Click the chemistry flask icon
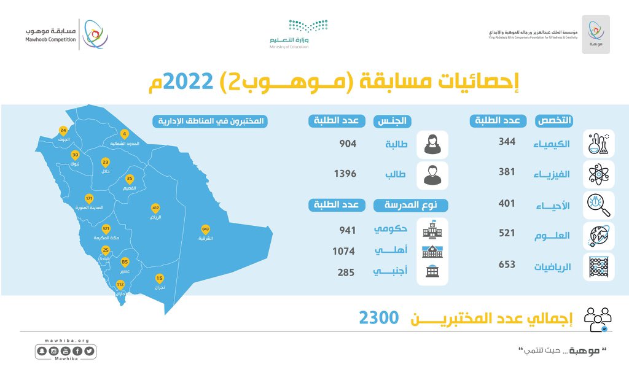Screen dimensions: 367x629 coord(599,144)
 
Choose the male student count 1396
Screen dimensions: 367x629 coord(345,174)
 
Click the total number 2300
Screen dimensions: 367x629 coord(379,318)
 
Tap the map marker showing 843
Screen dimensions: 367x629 coord(205,230)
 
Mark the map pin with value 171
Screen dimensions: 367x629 coord(89,199)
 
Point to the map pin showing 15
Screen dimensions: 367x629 coord(160,277)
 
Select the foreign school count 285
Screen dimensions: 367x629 coord(346,272)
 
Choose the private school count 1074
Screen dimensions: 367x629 coord(344,251)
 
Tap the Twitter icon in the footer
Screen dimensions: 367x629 coord(90,351)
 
